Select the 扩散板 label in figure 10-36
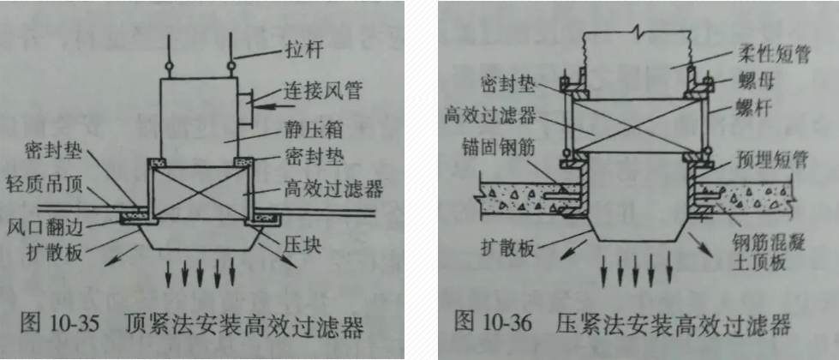(511, 248)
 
